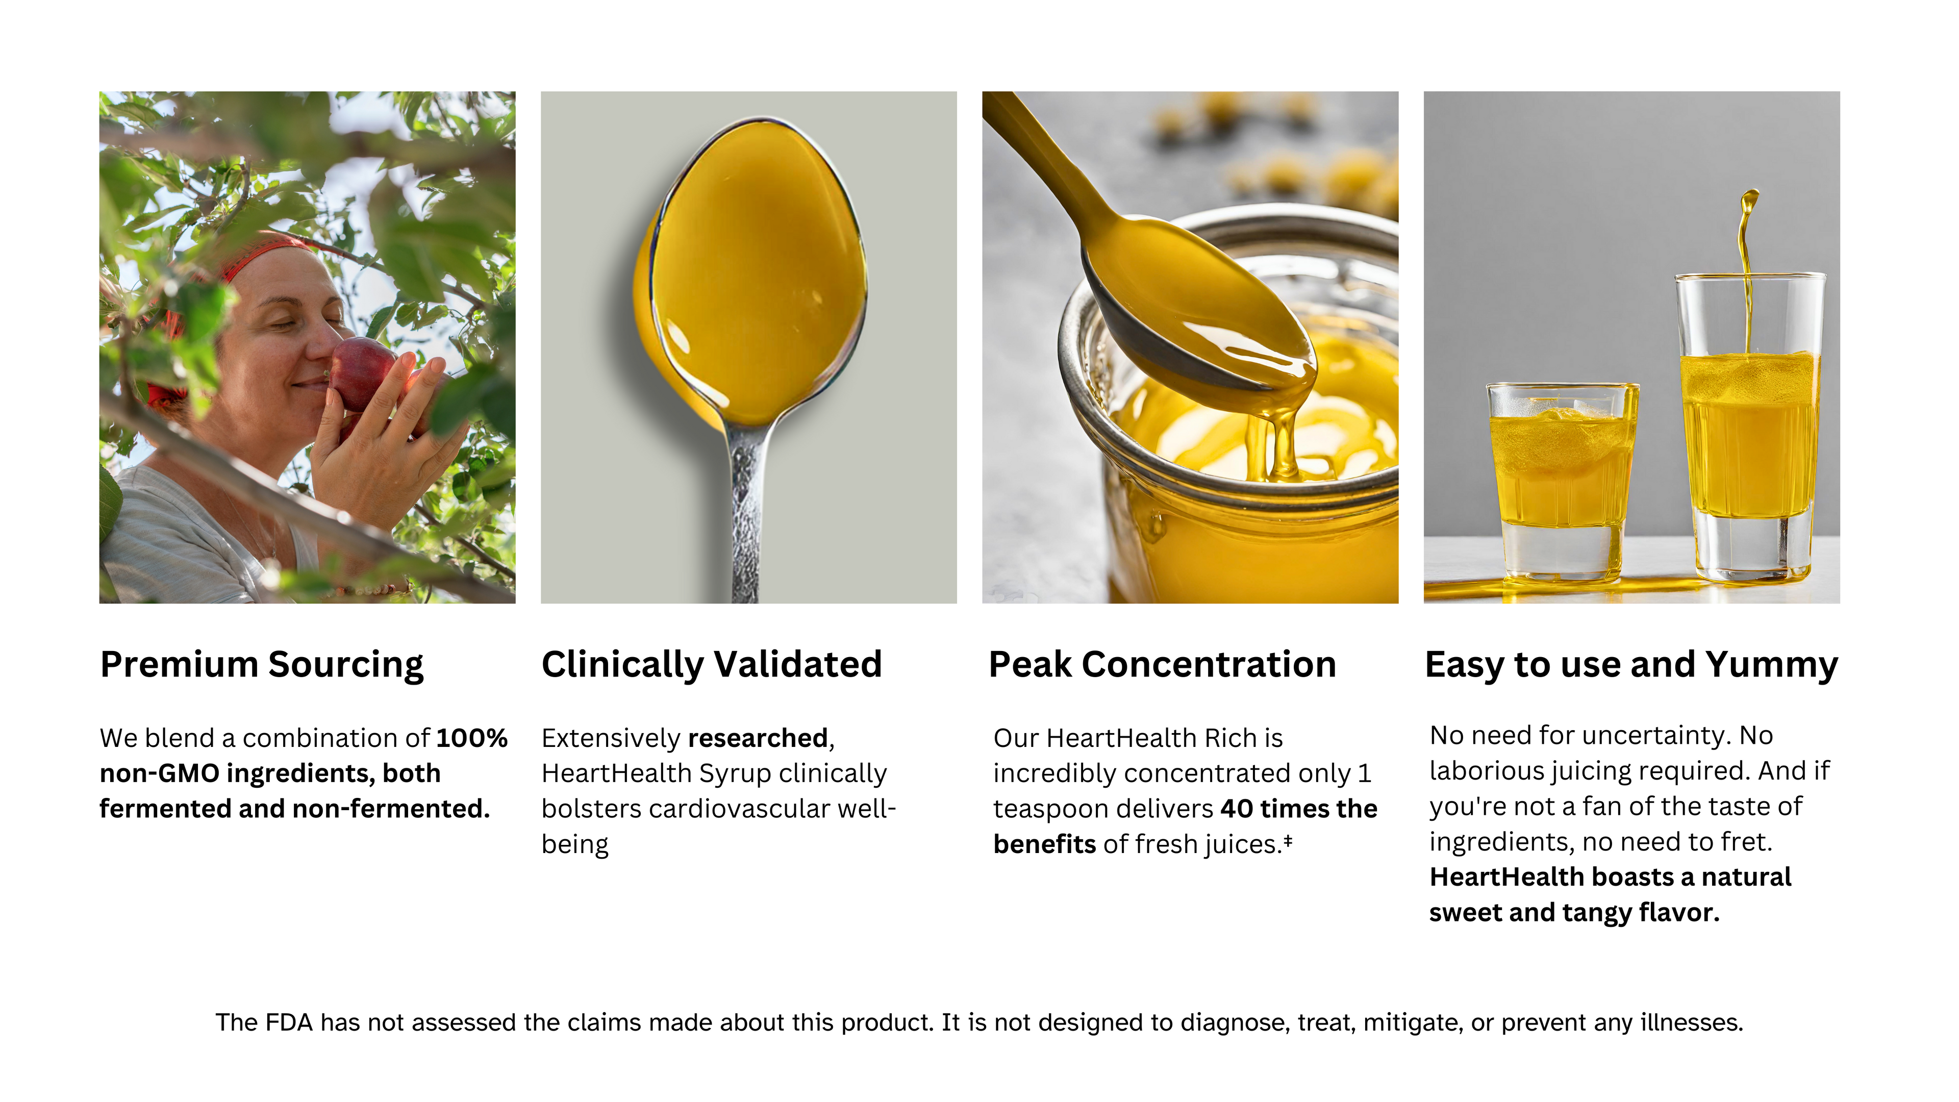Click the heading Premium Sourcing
(262, 665)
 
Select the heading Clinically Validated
(712, 665)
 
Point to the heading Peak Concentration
(1162, 665)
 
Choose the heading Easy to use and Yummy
(1632, 665)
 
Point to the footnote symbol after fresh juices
(1288, 840)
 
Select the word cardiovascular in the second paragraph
(739, 809)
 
